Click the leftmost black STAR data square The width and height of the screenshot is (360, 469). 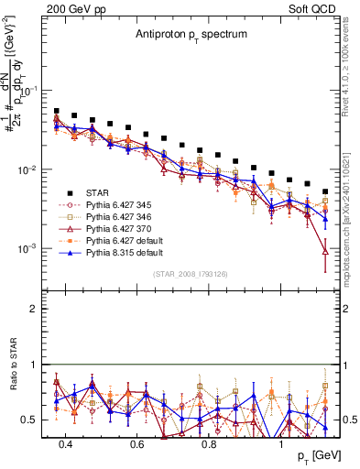57,111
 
